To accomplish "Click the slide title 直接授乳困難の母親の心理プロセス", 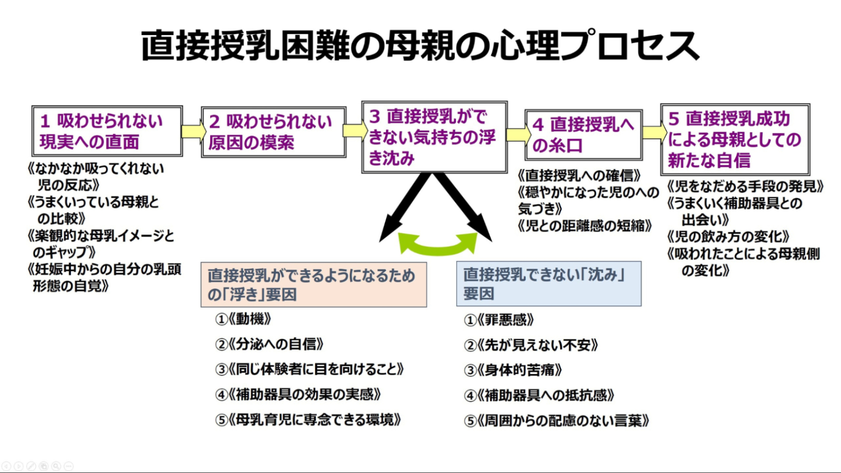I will pos(420,46).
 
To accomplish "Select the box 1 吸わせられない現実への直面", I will pos(107,131).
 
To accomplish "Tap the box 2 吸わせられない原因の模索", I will pos(273,132).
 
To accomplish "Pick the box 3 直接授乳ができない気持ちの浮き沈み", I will pos(434,137).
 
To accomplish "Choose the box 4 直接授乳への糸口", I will pos(583,135).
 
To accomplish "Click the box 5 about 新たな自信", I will pos(735,139).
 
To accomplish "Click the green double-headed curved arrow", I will pos(438,245).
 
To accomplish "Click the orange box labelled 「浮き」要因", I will pos(313,285).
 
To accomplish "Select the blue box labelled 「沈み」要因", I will pos(548,284).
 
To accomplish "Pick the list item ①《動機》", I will pos(243,319).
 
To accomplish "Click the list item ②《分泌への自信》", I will pos(269,344).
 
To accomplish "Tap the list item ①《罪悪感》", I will pos(499,320).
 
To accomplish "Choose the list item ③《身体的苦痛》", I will pos(513,370).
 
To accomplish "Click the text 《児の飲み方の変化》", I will pos(728,237).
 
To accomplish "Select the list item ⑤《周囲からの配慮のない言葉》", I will pos(556,421).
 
